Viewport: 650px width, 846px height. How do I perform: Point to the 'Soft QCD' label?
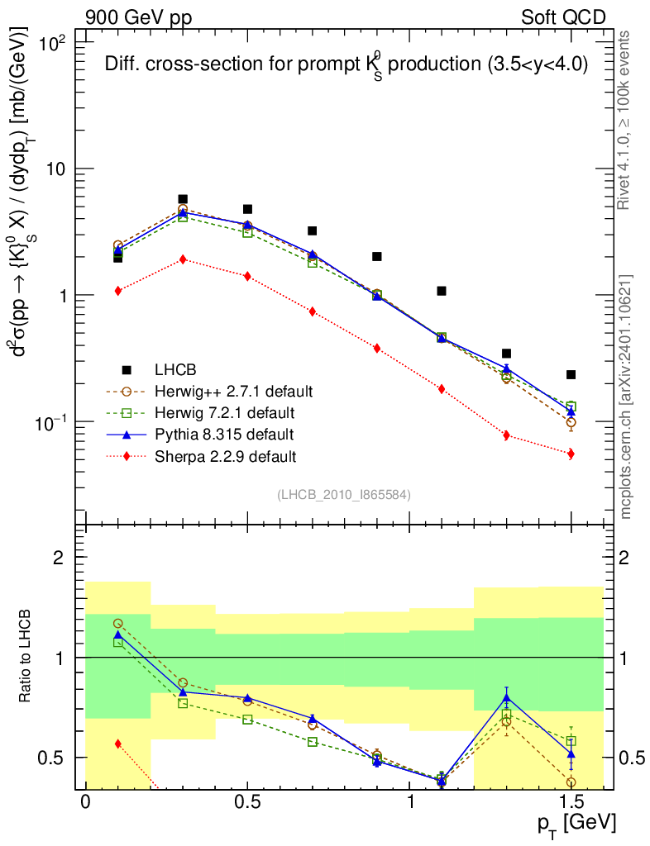pos(563,17)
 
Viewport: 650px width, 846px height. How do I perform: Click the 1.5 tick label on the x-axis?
pos(571,802)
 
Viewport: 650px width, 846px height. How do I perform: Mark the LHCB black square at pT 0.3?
pos(183,199)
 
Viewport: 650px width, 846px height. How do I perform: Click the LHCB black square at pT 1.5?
pos(571,374)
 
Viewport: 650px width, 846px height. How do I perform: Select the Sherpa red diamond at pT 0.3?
pos(183,259)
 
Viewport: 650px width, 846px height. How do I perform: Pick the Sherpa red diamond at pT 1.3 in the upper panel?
pos(506,435)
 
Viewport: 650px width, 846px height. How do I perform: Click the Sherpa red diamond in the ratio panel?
pos(118,744)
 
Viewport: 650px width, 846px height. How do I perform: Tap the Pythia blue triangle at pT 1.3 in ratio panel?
pos(506,698)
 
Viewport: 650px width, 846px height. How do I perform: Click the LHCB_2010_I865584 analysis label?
pos(343,494)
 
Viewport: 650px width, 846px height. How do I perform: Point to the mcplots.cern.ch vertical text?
pos(626,397)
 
